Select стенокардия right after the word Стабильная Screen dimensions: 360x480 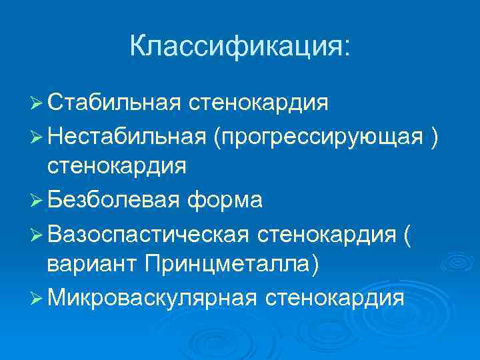pyautogui.click(x=258, y=103)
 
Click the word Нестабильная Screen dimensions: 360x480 pyautogui.click(x=129, y=136)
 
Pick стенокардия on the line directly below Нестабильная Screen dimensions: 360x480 pyautogui.click(x=116, y=166)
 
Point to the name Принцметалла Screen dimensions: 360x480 pyautogui.click(x=229, y=264)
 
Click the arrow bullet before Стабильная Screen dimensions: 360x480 pyautogui.click(x=36, y=104)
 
